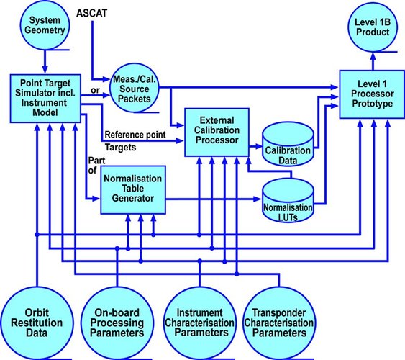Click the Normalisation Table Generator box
(133, 189)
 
